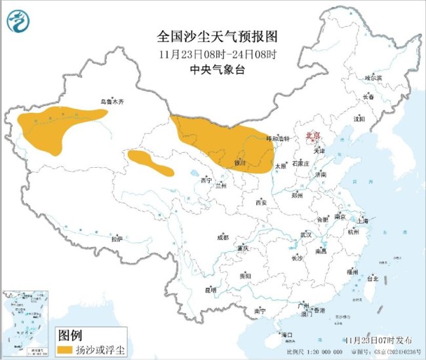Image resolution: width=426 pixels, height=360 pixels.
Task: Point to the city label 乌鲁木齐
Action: point(111,102)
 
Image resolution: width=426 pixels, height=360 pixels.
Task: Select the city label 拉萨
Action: point(117,239)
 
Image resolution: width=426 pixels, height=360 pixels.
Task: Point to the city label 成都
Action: point(223,237)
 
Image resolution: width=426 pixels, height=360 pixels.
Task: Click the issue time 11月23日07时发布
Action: point(379,340)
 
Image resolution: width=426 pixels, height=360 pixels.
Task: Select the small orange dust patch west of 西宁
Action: point(149,162)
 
